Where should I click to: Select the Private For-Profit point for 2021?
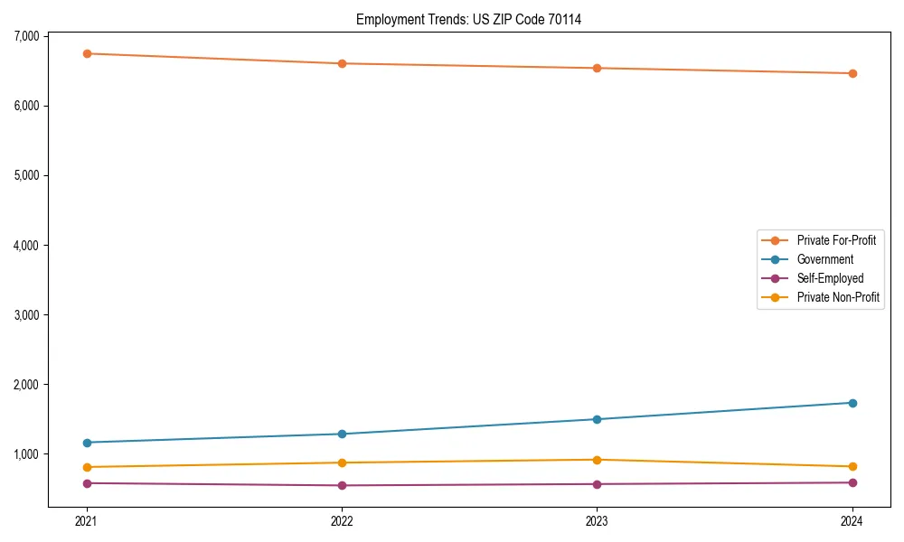click(87, 53)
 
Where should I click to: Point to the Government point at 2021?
click(87, 443)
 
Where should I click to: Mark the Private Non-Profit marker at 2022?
click(342, 463)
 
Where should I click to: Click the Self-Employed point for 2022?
click(342, 485)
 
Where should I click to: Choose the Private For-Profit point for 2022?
click(342, 63)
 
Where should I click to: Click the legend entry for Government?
click(824, 259)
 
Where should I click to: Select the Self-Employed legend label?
click(830, 278)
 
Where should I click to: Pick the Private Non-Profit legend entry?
click(838, 297)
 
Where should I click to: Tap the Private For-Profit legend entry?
click(836, 240)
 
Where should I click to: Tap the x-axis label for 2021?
click(87, 520)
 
